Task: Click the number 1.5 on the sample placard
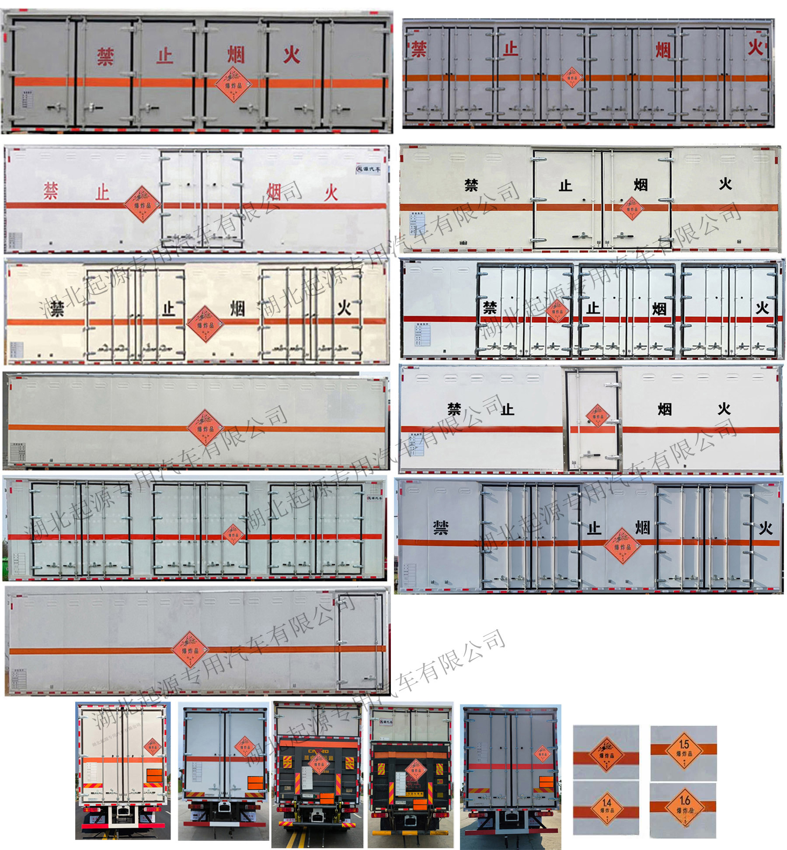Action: click(684, 743)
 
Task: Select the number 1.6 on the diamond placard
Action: click(684, 800)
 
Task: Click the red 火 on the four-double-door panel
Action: click(755, 48)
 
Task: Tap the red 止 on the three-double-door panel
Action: click(165, 56)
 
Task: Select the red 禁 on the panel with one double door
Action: click(51, 191)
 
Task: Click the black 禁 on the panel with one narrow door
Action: click(454, 409)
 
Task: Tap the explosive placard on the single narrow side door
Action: click(597, 416)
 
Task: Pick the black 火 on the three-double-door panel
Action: click(762, 308)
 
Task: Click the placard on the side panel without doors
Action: click(205, 427)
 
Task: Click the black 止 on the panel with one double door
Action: click(565, 185)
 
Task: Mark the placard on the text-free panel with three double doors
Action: click(233, 535)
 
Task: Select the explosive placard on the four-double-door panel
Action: click(572, 77)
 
